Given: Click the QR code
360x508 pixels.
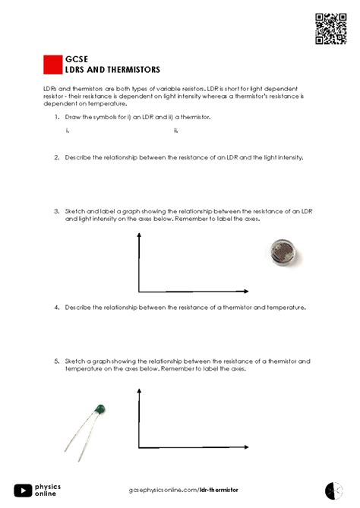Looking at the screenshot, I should pyautogui.click(x=330, y=29).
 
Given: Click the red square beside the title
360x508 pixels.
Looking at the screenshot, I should pyautogui.click(x=52, y=65).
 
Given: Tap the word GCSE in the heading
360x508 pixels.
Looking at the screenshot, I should pyautogui.click(x=74, y=58).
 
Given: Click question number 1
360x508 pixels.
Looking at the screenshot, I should pyautogui.click(x=57, y=118).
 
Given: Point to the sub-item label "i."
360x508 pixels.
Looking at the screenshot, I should pyautogui.click(x=68, y=131).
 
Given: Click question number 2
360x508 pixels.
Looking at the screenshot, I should pyautogui.click(x=57, y=157).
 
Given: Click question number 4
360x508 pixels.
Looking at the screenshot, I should pyautogui.click(x=57, y=308).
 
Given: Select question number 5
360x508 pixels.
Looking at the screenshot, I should pyautogui.click(x=57, y=361).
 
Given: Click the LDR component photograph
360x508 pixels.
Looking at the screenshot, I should pyautogui.click(x=285, y=251).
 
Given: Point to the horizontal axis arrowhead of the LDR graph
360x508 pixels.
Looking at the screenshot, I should pyautogui.click(x=245, y=292).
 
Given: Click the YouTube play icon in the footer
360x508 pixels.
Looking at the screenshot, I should pyautogui.click(x=23, y=491).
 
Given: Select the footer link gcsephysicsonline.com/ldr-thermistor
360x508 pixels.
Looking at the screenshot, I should pyautogui.click(x=180, y=491).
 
